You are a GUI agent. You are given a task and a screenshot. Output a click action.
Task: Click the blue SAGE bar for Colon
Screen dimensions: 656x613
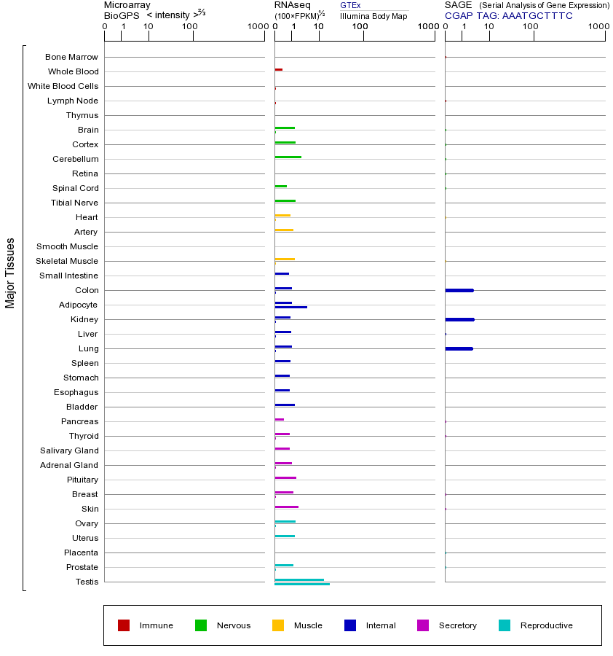tap(459, 290)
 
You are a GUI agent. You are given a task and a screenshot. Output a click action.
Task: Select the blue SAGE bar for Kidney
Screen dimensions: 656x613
tap(459, 319)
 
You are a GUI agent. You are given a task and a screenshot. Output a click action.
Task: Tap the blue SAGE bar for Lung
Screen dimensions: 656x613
tap(459, 348)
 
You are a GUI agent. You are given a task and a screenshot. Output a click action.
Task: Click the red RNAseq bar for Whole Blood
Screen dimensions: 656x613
tap(279, 69)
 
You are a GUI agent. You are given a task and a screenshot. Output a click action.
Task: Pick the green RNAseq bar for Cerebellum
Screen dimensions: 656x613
tap(288, 157)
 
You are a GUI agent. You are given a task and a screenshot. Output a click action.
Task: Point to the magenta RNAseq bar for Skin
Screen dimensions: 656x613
tap(286, 507)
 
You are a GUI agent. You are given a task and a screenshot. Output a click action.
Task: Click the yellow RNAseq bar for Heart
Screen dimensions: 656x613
tap(282, 215)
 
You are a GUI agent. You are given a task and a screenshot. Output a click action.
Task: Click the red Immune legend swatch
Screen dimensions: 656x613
tap(124, 625)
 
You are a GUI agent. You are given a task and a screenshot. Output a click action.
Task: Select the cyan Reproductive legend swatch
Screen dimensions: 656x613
tap(505, 625)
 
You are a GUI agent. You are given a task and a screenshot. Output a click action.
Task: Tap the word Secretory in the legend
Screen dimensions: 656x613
tap(457, 625)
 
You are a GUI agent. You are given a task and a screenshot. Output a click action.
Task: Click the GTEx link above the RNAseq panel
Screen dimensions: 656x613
tap(350, 6)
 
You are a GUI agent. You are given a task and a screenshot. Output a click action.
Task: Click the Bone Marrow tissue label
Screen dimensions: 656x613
tap(71, 57)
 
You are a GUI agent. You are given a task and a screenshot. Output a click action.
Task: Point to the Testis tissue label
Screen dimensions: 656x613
tap(87, 582)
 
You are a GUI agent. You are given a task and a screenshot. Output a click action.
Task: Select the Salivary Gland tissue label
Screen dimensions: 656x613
tap(69, 450)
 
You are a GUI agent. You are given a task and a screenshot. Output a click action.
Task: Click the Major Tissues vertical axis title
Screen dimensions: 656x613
tap(10, 273)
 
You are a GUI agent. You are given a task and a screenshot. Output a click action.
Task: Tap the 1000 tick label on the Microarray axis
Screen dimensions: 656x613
tap(257, 27)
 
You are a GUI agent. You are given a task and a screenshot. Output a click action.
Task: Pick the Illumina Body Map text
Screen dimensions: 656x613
tap(373, 16)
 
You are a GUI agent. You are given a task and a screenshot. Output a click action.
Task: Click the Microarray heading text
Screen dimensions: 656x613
tap(127, 5)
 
